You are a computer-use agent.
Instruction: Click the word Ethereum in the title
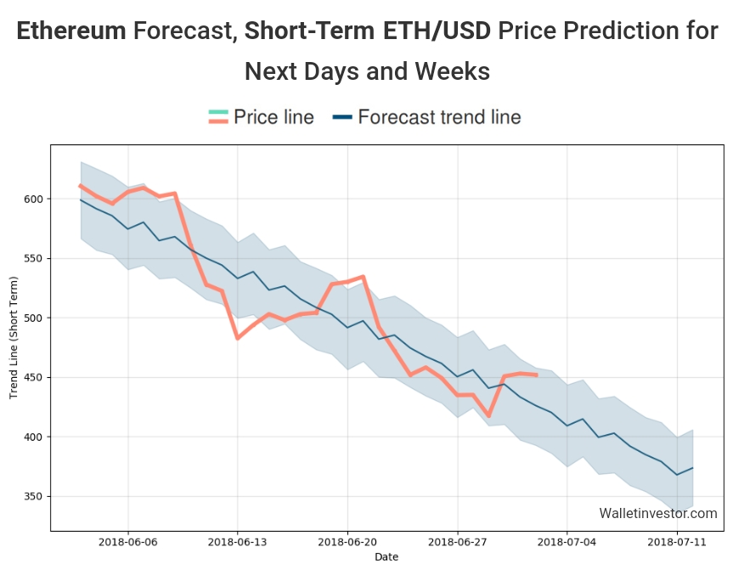[71, 31]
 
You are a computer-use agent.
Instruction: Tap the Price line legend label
[273, 117]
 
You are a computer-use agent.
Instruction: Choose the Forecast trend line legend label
[439, 117]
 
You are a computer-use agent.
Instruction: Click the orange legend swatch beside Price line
[218, 117]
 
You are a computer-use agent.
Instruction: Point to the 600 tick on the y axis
[34, 199]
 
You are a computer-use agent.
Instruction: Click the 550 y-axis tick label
[34, 258]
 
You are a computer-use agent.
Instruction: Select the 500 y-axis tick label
[34, 318]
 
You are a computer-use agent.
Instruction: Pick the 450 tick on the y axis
[34, 377]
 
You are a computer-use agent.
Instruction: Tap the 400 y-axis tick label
[34, 437]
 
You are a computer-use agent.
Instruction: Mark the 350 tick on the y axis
[34, 496]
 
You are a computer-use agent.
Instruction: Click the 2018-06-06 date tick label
[127, 540]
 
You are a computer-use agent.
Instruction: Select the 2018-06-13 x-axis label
[237, 540]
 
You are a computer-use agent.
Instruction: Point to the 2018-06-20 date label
[347, 540]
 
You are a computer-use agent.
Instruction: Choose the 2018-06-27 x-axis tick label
[457, 540]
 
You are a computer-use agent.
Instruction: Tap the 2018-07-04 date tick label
[567, 540]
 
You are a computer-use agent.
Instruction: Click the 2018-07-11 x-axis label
[677, 540]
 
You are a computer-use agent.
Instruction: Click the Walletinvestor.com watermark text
[657, 513]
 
